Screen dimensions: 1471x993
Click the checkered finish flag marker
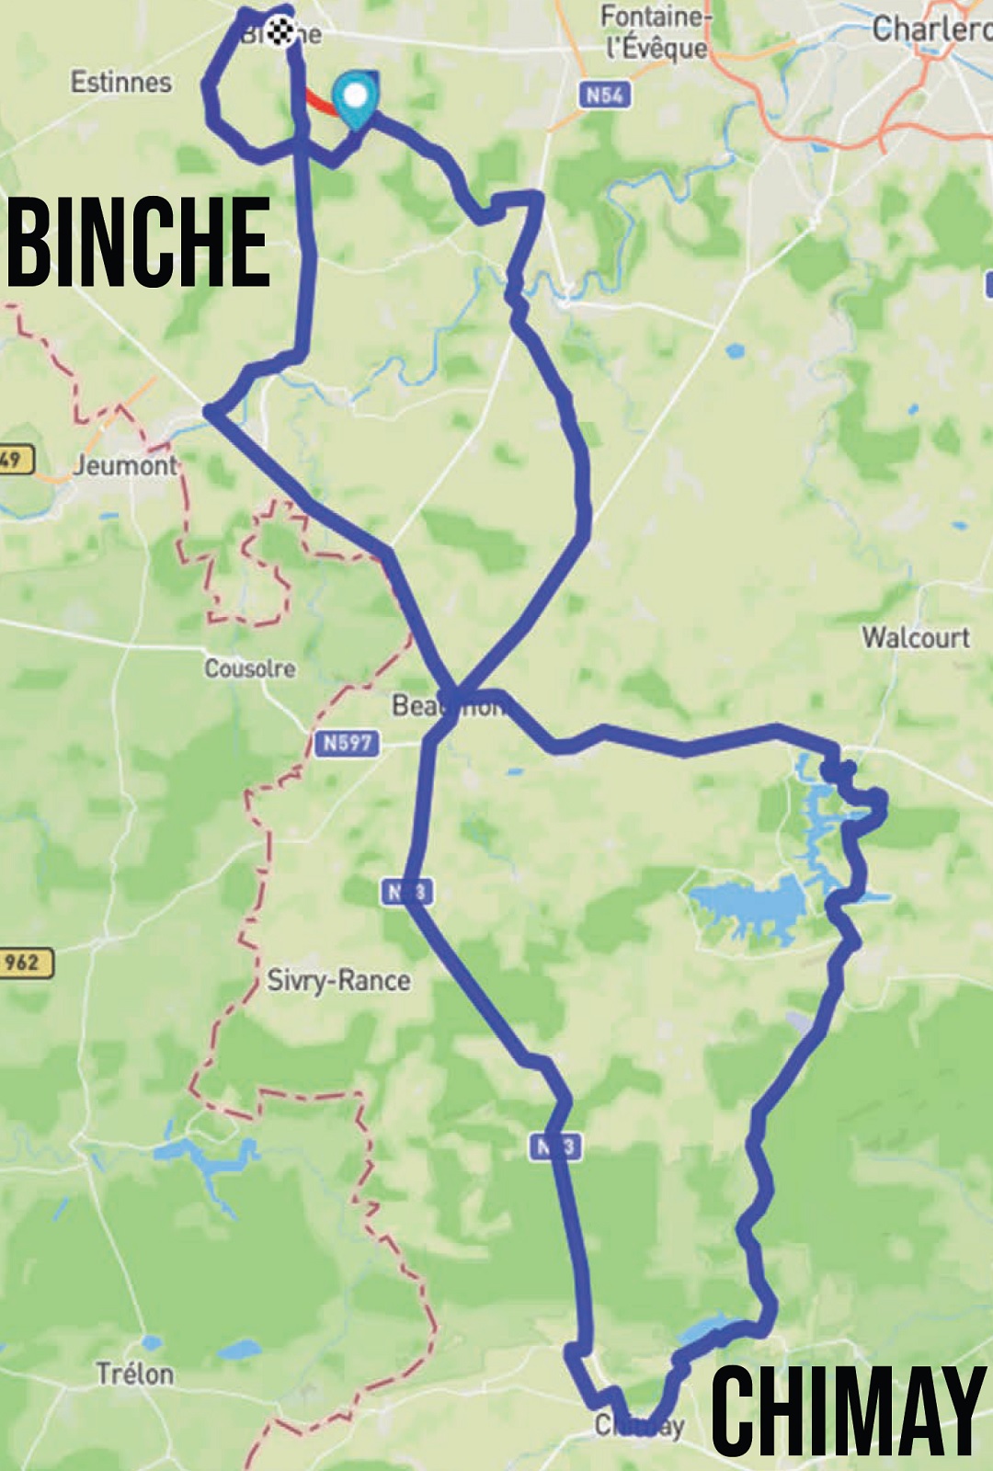pyautogui.click(x=282, y=30)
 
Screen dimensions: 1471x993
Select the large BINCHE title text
pyautogui.click(x=138, y=243)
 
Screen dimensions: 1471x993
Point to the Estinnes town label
pyautogui.click(x=121, y=82)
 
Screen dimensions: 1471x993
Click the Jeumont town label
pyautogui.click(x=125, y=465)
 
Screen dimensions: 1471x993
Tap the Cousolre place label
pyautogui.click(x=249, y=668)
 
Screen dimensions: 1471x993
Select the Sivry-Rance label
pyautogui.click(x=338, y=980)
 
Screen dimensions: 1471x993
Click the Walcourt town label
pyautogui.click(x=915, y=637)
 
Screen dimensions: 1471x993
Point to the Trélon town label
pyautogui.click(x=135, y=1374)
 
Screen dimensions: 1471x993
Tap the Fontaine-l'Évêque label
pyautogui.click(x=656, y=32)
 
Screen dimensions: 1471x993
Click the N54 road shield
pyautogui.click(x=605, y=94)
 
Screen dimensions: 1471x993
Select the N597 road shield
pyautogui.click(x=348, y=742)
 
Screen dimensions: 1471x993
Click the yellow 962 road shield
pyautogui.click(x=24, y=963)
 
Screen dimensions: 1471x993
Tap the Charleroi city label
pyautogui.click(x=930, y=29)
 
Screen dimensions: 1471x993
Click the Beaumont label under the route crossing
pyautogui.click(x=449, y=706)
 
